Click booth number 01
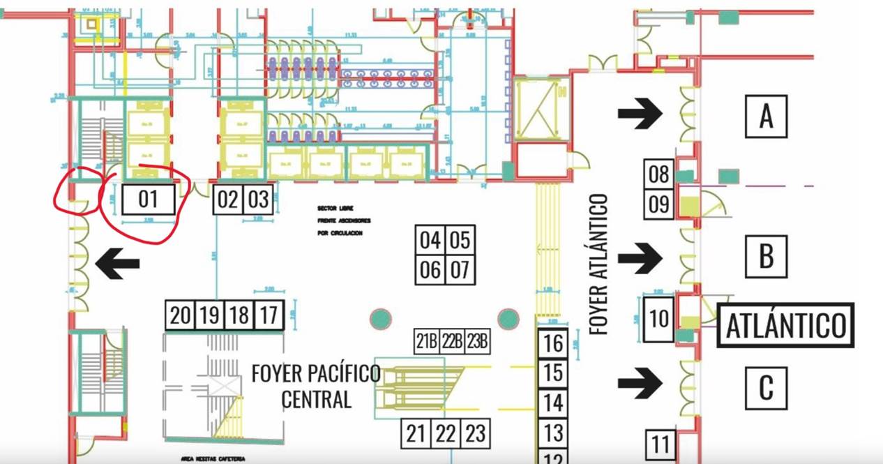[148, 200]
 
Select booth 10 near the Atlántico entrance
[658, 319]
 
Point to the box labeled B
[766, 256]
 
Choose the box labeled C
[766, 387]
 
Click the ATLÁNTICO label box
[786, 325]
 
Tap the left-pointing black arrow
[117, 264]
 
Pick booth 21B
[426, 343]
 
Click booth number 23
[475, 434]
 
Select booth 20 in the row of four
[180, 315]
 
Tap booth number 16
[552, 343]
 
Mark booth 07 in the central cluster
[459, 269]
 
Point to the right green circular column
[508, 319]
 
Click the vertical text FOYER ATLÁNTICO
[598, 264]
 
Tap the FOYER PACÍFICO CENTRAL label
[316, 386]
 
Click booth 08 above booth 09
[658, 174]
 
